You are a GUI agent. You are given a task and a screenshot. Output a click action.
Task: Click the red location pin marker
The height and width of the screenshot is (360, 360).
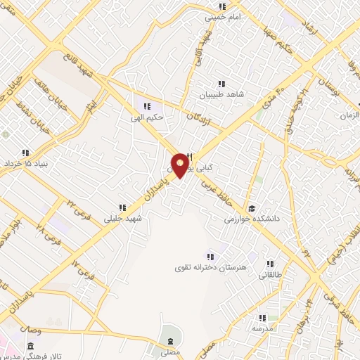pyautogui.click(x=181, y=165)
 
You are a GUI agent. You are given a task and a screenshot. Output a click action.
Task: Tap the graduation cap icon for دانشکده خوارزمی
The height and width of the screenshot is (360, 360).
pyautogui.click(x=252, y=208)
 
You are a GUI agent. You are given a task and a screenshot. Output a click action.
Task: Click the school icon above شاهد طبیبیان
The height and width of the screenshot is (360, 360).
pyautogui.click(x=223, y=84)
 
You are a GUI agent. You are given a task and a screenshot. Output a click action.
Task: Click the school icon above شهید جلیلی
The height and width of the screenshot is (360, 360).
pyautogui.click(x=122, y=207)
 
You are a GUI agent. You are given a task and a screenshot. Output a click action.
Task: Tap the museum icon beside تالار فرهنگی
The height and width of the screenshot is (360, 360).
pyautogui.click(x=30, y=347)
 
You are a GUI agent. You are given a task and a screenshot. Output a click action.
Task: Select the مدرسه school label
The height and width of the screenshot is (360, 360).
pyautogui.click(x=262, y=328)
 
